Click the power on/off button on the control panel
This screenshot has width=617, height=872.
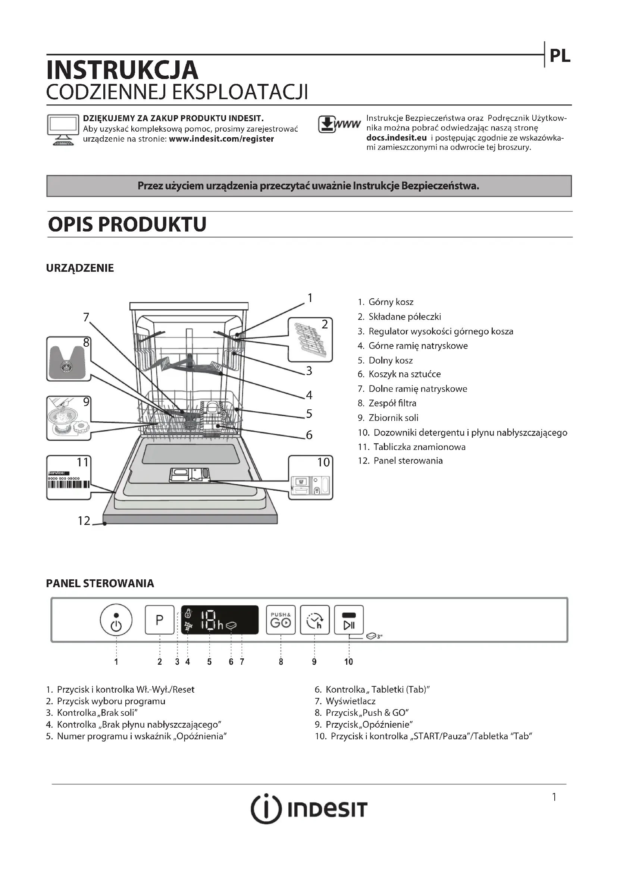click(x=116, y=620)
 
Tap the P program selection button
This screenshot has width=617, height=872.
click(x=160, y=620)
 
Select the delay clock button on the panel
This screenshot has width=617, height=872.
click(x=314, y=620)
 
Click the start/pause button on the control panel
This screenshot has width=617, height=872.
click(x=349, y=620)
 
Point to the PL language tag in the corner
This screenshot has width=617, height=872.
click(x=560, y=56)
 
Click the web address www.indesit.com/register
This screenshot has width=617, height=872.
click(x=221, y=139)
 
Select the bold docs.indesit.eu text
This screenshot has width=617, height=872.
click(x=396, y=138)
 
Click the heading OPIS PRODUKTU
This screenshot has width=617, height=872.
click(x=127, y=224)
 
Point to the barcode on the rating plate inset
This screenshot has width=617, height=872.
click(x=69, y=485)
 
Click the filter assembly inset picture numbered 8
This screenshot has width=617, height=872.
click(x=68, y=359)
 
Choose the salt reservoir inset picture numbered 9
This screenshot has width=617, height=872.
click(x=69, y=418)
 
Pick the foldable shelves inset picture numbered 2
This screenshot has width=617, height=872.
click(x=310, y=340)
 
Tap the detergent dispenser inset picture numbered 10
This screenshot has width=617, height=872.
click(x=310, y=478)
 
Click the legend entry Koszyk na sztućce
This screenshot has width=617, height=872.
click(x=404, y=374)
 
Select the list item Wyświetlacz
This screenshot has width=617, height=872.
click(x=350, y=701)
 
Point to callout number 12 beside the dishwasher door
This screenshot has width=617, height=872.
click(x=84, y=521)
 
